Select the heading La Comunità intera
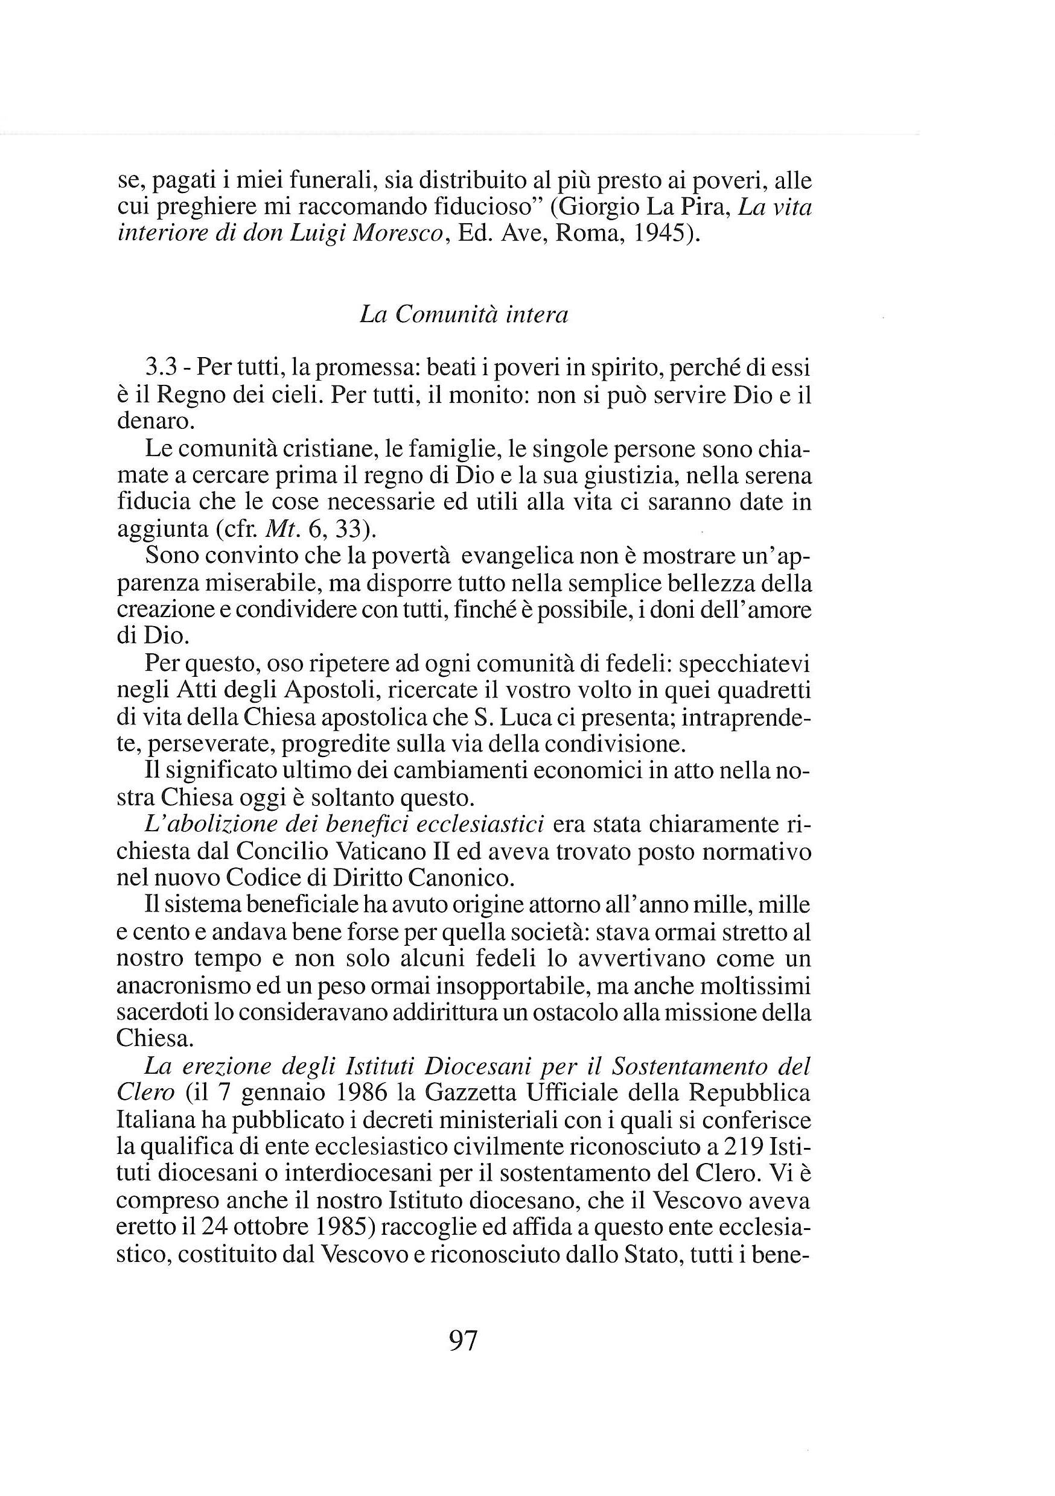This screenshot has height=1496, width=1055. click(x=464, y=315)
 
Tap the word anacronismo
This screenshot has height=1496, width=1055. click(x=182, y=986)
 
